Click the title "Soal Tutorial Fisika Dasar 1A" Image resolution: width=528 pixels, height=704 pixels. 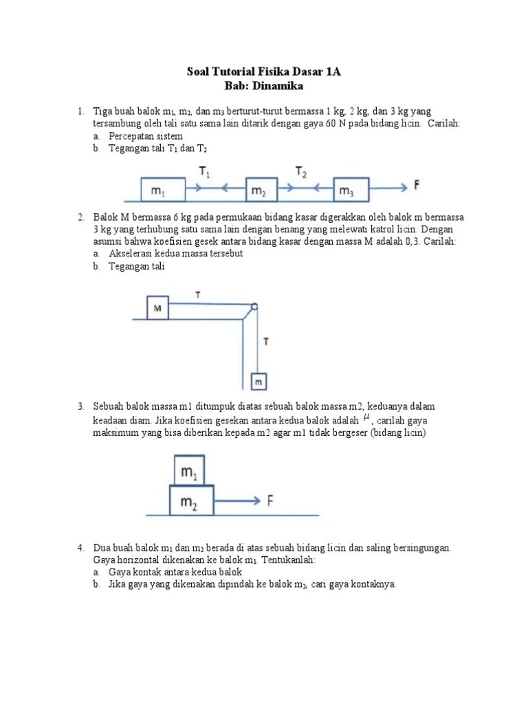(264, 71)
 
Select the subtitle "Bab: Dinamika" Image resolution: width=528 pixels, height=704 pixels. (263, 86)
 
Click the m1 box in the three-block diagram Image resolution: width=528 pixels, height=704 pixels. (162, 190)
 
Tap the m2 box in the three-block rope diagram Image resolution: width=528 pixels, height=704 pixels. (258, 190)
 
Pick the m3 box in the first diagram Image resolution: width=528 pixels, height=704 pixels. (351, 190)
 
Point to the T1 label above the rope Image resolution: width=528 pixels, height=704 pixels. (205, 171)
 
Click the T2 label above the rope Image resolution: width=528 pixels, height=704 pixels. (301, 171)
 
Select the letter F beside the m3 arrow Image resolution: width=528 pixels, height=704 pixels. (417, 184)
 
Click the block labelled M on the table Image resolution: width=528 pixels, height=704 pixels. (157, 308)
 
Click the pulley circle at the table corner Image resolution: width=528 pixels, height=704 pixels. (254, 307)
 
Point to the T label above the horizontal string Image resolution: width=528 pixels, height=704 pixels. (198, 295)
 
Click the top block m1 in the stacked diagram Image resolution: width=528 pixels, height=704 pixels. (188, 472)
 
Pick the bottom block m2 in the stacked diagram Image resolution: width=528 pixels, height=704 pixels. (190, 501)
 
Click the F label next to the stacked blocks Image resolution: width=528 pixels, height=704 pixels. (272, 501)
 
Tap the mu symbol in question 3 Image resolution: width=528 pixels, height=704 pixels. (366, 418)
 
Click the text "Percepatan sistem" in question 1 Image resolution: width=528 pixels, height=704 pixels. (145, 137)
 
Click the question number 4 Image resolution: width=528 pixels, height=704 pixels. (80, 548)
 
